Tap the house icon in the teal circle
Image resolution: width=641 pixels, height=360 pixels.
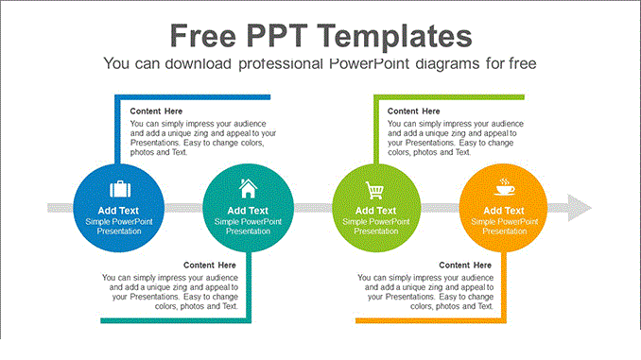248,187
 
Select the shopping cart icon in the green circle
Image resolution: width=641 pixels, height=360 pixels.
375,188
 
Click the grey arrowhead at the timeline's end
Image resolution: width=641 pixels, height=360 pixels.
579,207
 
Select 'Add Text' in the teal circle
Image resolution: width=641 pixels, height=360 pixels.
248,210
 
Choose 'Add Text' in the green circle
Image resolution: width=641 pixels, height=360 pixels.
375,210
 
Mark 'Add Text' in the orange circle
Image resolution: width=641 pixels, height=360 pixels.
505,210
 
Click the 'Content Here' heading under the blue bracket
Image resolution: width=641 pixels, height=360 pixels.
157,111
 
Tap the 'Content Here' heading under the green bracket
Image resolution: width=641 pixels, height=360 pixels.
414,111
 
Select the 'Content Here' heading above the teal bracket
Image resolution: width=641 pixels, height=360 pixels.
210,265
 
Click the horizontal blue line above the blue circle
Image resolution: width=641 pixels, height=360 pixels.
193,96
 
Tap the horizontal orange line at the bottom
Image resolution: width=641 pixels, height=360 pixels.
430,321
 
